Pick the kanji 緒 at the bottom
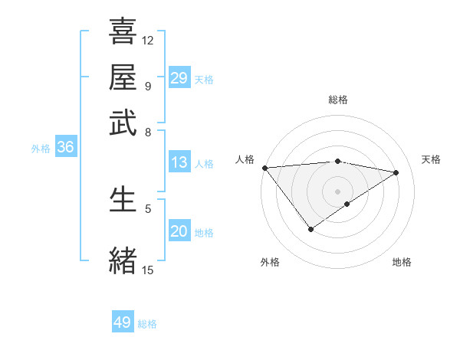point(123,259)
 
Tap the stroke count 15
point(148,270)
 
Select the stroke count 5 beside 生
point(148,208)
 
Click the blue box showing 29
point(179,78)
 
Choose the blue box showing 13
point(179,162)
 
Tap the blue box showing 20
point(179,231)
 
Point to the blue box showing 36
point(64,148)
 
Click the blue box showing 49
point(123,322)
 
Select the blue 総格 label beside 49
point(147,324)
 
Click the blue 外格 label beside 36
point(41,149)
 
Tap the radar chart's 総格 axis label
point(337,100)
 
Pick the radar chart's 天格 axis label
point(432,159)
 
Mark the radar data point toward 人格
point(264,168)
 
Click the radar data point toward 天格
point(396,172)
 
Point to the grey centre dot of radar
point(337,191)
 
